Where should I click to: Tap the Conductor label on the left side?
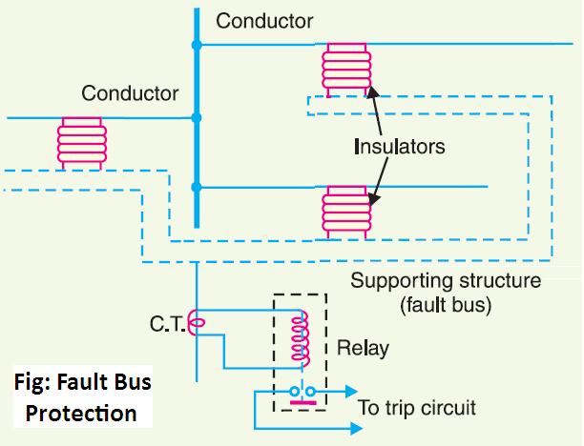130,93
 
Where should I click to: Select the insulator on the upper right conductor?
344,69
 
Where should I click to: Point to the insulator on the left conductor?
79,144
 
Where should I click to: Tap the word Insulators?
399,148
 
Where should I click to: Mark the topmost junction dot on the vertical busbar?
197,44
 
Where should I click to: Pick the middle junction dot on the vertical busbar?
197,117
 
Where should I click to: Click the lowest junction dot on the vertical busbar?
197,186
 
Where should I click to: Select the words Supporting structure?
446,282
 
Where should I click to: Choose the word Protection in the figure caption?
81,415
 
